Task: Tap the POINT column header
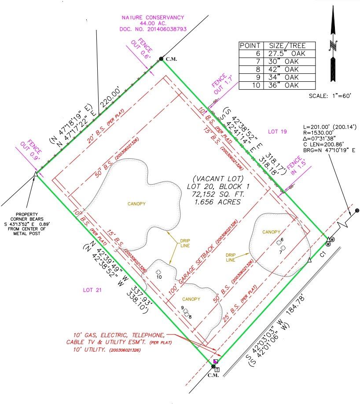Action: point(250,46)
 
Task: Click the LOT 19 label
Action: point(278,131)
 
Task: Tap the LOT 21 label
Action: point(93,290)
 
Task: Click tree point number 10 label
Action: point(159,277)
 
